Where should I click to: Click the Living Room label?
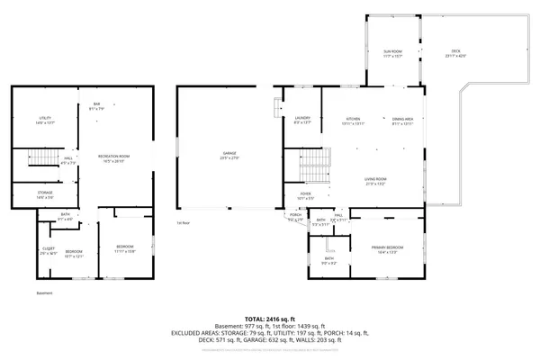tap(375, 181)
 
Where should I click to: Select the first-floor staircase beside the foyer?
tap(310, 165)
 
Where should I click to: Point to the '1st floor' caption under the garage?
tap(183, 222)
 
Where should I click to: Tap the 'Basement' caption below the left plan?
tap(45, 293)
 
